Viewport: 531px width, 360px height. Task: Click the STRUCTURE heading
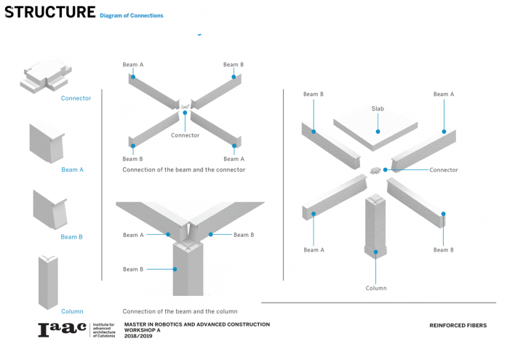tap(49, 12)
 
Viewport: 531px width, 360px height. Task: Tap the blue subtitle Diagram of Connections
tap(132, 15)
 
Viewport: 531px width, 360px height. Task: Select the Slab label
tap(378, 108)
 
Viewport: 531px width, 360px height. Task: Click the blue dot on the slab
tap(378, 132)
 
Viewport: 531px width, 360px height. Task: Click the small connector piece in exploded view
tap(375, 170)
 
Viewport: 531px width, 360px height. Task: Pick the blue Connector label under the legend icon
tap(76, 98)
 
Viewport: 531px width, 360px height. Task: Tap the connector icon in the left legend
tap(46, 76)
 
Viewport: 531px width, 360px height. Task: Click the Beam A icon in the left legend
tap(47, 143)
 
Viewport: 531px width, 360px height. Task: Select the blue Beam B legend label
tap(71, 237)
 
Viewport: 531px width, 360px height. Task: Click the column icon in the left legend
tap(48, 282)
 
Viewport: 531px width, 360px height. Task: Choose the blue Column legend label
tap(72, 311)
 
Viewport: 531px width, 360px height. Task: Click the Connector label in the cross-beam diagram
tap(185, 135)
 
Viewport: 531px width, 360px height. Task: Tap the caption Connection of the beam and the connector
tap(184, 169)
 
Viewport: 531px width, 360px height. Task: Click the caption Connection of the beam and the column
tap(180, 311)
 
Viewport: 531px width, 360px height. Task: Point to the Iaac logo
tap(62, 329)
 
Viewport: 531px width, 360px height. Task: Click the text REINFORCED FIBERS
tap(458, 326)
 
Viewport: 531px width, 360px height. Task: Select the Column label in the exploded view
tap(376, 288)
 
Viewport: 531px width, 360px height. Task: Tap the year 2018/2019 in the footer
tap(138, 336)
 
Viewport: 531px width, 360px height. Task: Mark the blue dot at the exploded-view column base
tap(375, 252)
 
